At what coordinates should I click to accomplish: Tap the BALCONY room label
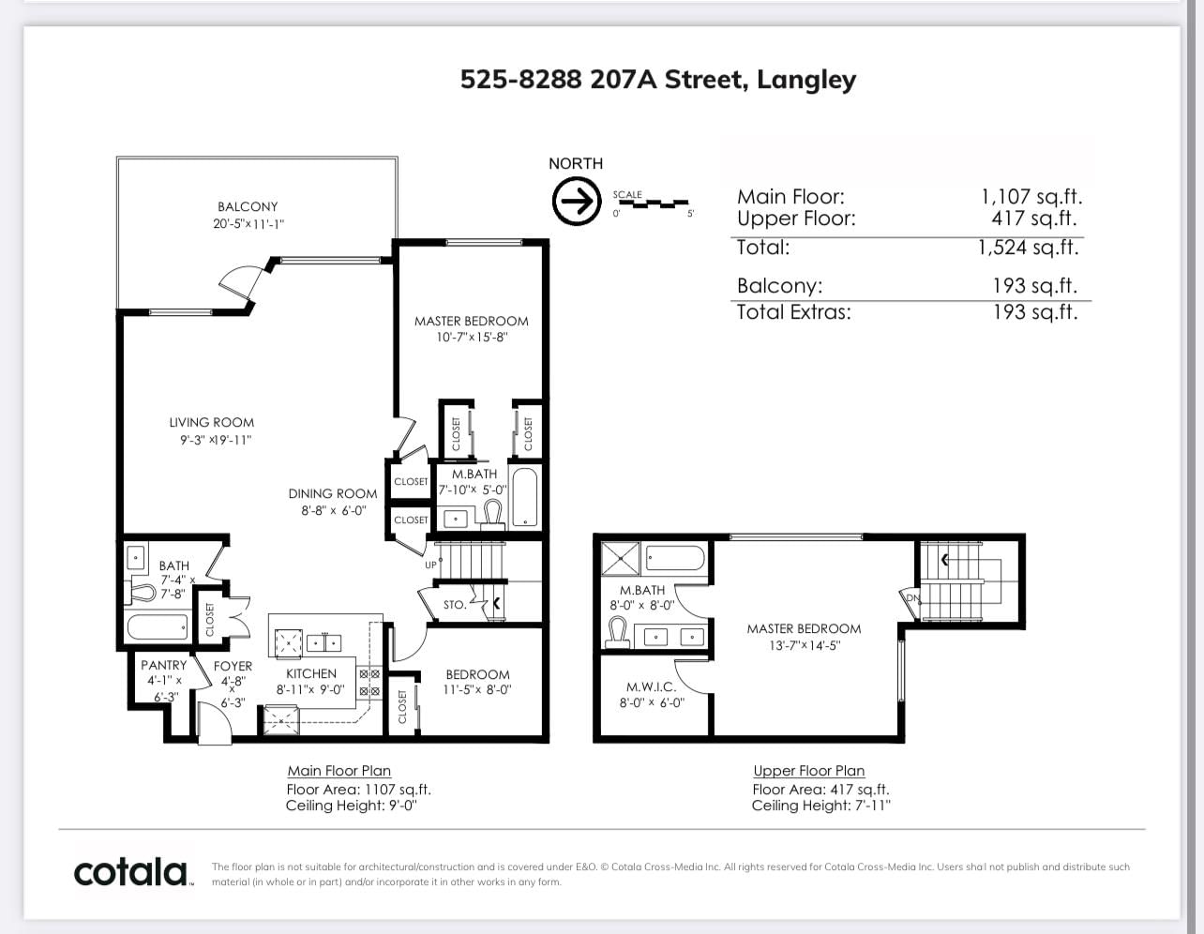[x=248, y=206]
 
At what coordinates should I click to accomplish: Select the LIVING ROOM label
[x=212, y=423]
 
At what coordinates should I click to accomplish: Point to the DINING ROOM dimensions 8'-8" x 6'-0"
[x=334, y=510]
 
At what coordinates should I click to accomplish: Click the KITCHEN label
[x=310, y=673]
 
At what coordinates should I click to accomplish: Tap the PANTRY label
[x=163, y=665]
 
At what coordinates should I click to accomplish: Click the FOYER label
[x=233, y=666]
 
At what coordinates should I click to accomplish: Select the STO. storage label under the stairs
[x=455, y=605]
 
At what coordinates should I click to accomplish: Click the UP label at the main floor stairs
[x=430, y=565]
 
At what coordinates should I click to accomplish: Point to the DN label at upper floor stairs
[x=912, y=598]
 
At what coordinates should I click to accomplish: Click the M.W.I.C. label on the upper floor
[x=651, y=687]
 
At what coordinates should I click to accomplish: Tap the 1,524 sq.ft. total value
[x=1029, y=247]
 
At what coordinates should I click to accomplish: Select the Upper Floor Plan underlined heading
[x=809, y=771]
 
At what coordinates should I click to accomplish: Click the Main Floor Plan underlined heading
[x=339, y=771]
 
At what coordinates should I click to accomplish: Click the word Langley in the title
[x=806, y=81]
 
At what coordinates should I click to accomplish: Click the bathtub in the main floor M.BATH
[x=525, y=497]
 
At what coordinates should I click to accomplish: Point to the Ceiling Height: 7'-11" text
[x=820, y=806]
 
